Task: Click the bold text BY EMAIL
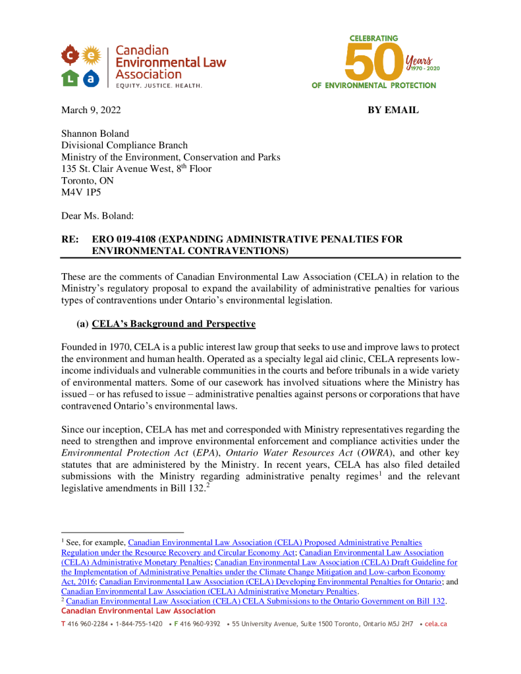tap(393, 111)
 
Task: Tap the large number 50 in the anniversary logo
tap(373, 63)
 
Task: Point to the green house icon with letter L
tap(72, 78)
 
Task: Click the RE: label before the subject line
tap(70, 239)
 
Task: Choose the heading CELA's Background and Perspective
tap(173, 324)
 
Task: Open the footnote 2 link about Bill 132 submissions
tap(256, 601)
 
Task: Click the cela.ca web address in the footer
tap(436, 623)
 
